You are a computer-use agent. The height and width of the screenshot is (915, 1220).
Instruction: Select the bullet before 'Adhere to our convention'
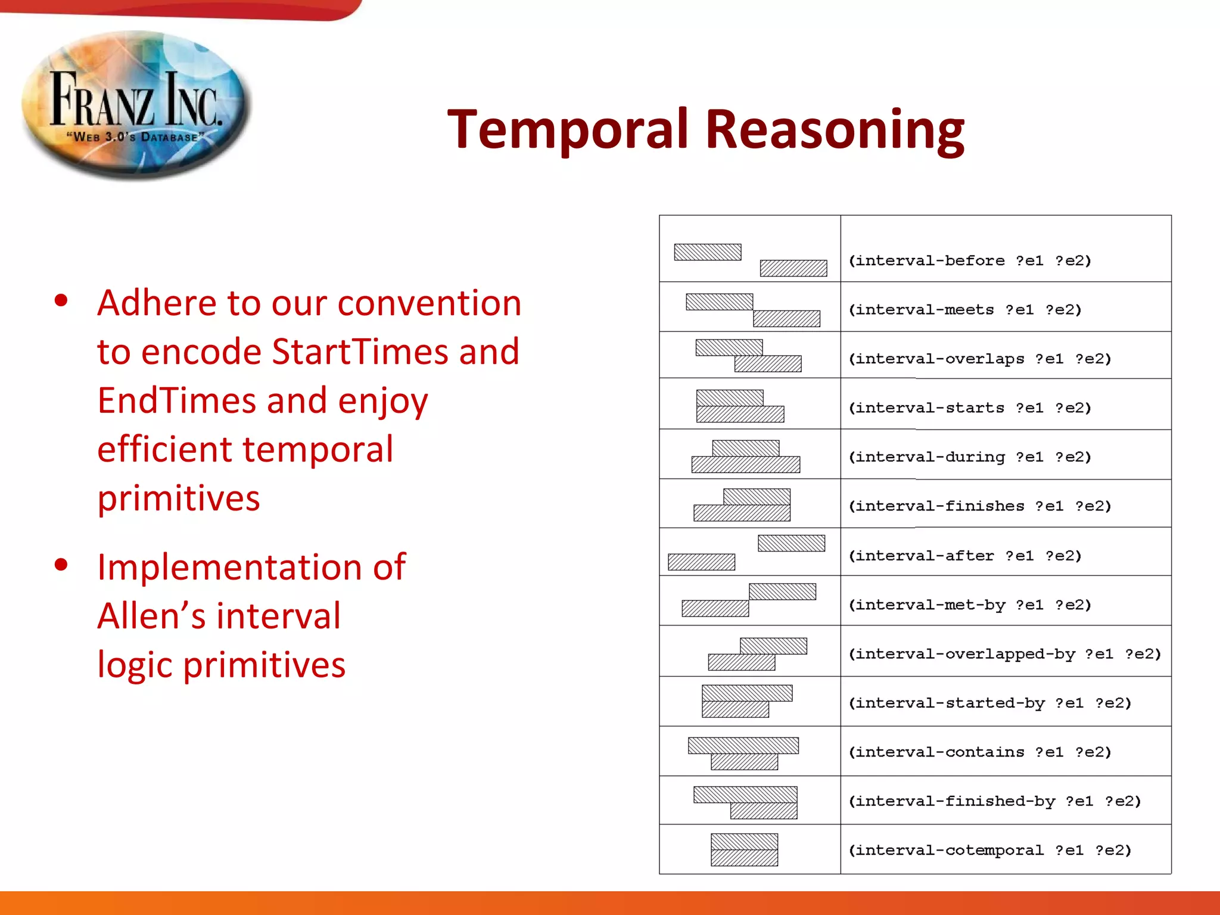(x=61, y=300)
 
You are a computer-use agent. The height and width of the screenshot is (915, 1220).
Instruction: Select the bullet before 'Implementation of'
(x=61, y=564)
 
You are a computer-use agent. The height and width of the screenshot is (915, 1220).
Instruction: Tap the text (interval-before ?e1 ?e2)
(x=969, y=261)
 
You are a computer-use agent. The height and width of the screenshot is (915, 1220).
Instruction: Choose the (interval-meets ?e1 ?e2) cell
(x=964, y=310)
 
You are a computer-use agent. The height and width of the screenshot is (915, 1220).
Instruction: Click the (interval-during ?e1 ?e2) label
(x=969, y=457)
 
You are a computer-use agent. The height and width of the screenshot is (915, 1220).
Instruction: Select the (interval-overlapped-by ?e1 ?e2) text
(x=1004, y=654)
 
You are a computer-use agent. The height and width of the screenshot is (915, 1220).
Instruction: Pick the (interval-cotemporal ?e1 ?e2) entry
(x=989, y=850)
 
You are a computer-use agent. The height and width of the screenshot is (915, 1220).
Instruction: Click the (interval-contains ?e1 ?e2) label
(x=979, y=752)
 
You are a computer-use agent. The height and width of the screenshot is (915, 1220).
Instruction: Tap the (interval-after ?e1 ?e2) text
(x=964, y=556)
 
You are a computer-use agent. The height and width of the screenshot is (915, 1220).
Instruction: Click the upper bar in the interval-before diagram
(x=707, y=252)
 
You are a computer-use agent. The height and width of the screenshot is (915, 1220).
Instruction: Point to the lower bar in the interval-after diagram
(x=701, y=562)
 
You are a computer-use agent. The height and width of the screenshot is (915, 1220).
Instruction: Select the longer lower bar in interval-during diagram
(x=745, y=465)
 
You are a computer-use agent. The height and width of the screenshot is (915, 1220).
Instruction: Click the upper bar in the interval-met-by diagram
(x=782, y=592)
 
